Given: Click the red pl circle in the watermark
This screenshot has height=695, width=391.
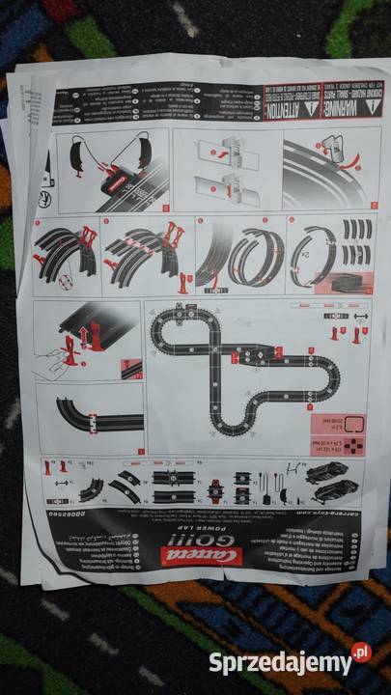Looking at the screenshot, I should pos(361,653).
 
